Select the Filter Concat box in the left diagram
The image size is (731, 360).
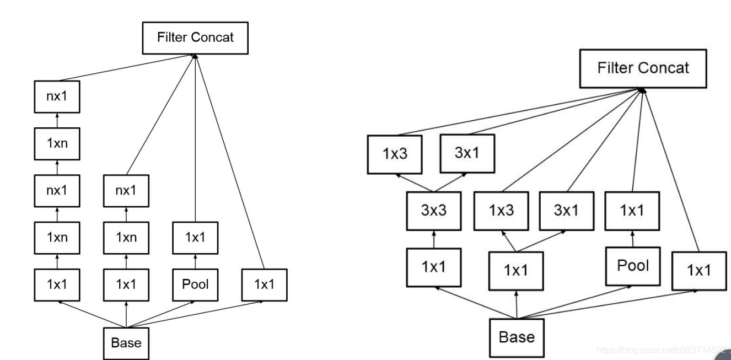click(195, 38)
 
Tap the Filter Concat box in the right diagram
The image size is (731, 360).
click(642, 68)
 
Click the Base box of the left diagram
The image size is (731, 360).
click(126, 342)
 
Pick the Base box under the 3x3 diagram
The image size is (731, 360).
click(517, 336)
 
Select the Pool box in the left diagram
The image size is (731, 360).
click(195, 284)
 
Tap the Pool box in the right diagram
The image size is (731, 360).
click(633, 265)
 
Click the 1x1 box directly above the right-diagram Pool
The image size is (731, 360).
click(633, 210)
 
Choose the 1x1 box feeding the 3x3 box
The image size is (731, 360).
click(433, 267)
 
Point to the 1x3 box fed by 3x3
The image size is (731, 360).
click(395, 154)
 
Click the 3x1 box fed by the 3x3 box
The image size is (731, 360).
click(466, 153)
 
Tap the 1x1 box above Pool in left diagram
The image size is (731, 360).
click(195, 238)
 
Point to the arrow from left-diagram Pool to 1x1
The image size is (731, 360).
click(195, 261)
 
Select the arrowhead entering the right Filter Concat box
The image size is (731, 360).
click(641, 90)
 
